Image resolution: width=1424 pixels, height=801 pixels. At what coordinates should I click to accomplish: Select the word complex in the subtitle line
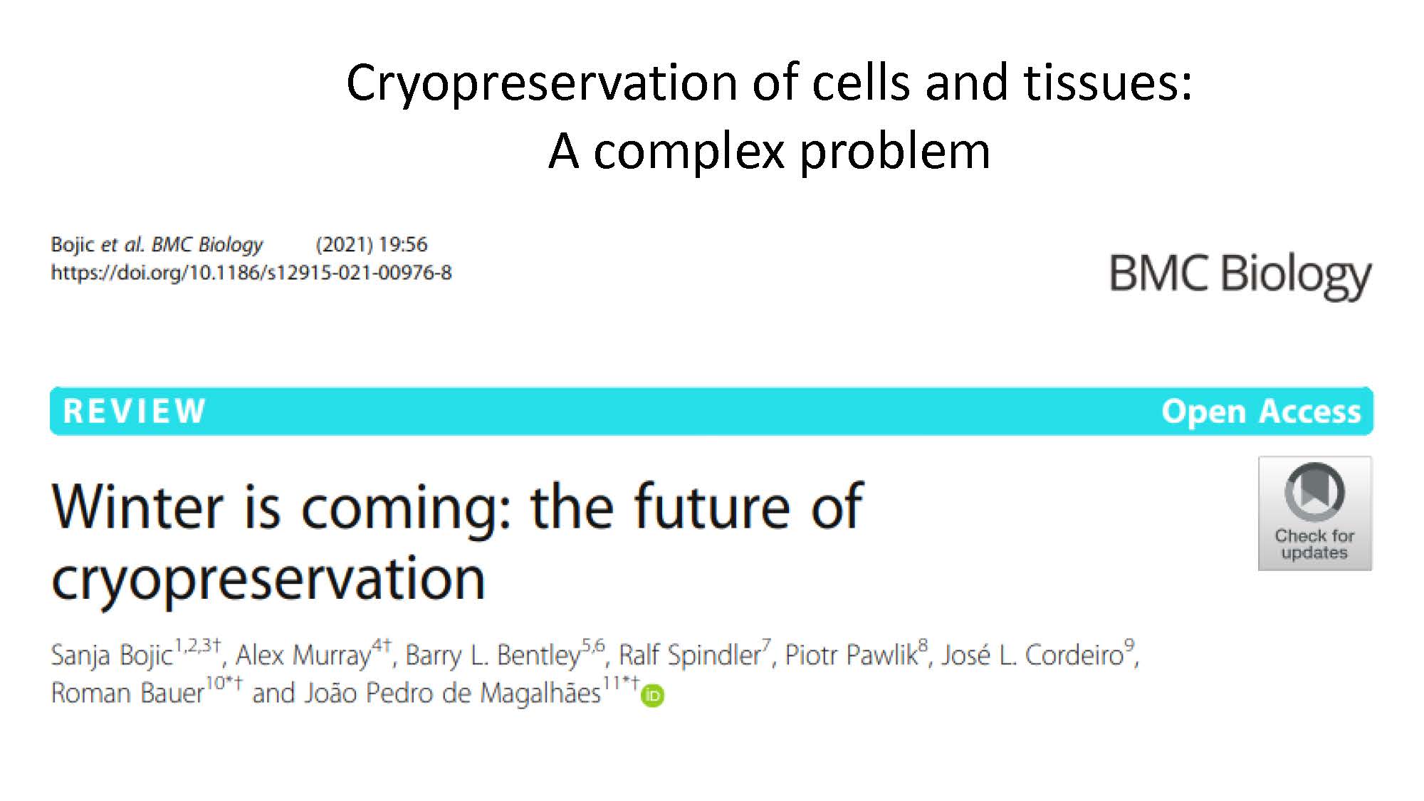[x=689, y=153]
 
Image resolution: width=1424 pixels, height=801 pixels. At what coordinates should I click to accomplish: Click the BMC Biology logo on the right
[x=1240, y=276]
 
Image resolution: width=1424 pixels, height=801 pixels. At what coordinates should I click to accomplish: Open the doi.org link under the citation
[x=251, y=273]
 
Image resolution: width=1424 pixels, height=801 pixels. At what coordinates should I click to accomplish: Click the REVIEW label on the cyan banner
[x=135, y=412]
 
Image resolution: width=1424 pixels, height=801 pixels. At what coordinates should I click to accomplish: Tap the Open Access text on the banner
[x=1261, y=412]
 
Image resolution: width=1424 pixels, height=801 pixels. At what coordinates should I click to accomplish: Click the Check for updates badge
[x=1315, y=513]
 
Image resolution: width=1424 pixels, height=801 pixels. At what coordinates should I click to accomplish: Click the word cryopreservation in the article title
[x=268, y=580]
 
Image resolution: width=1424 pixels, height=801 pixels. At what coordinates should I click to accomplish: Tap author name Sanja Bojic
[x=112, y=655]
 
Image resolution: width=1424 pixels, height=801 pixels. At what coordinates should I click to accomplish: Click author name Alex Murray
[x=303, y=655]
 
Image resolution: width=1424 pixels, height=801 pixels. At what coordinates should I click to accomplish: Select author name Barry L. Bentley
[x=493, y=655]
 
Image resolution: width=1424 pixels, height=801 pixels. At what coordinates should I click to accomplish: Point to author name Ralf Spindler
[x=689, y=655]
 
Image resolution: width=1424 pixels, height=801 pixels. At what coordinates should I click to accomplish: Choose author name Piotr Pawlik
[x=851, y=655]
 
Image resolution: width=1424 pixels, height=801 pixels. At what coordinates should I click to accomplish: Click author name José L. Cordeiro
[x=1032, y=655]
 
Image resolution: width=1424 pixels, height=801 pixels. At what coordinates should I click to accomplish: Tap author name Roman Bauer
[x=127, y=693]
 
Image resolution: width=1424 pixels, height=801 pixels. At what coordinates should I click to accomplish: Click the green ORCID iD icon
[x=652, y=696]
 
